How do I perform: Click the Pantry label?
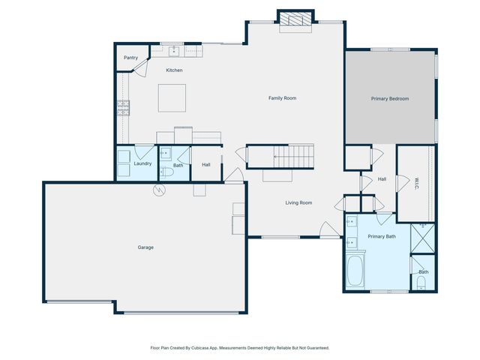pyautogui.click(x=130, y=58)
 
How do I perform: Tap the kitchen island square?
pyautogui.click(x=171, y=97)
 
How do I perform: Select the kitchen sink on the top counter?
pyautogui.click(x=174, y=51)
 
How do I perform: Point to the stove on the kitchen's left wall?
pyautogui.click(x=122, y=108)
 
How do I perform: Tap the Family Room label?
pyautogui.click(x=283, y=98)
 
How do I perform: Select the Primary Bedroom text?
pyautogui.click(x=390, y=98)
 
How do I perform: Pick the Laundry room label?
pyautogui.click(x=142, y=163)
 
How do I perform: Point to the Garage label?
pyautogui.click(x=145, y=247)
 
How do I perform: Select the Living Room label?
pyautogui.click(x=298, y=202)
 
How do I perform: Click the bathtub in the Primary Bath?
pyautogui.click(x=355, y=271)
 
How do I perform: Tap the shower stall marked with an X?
pyautogui.click(x=422, y=238)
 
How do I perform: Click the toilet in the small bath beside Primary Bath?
pyautogui.click(x=421, y=283)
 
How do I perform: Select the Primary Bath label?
pyautogui.click(x=382, y=237)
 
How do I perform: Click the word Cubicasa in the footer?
pyautogui.click(x=199, y=348)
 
